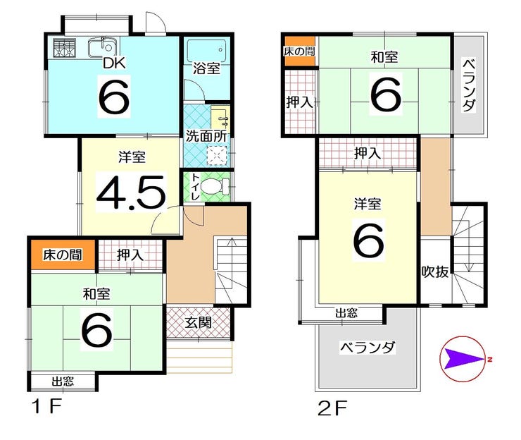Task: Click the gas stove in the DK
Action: pyautogui.click(x=64, y=48)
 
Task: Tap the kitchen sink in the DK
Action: pyautogui.click(x=103, y=47)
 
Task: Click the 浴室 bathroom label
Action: pyautogui.click(x=207, y=68)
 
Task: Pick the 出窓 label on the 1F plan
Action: pyautogui.click(x=63, y=382)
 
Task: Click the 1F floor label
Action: pyautogui.click(x=47, y=408)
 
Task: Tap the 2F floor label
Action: pyautogui.click(x=332, y=408)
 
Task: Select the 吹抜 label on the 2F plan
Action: pyautogui.click(x=435, y=272)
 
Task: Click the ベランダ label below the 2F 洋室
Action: pyautogui.click(x=367, y=348)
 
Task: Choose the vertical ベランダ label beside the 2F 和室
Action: pyautogui.click(x=469, y=86)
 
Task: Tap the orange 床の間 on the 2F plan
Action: pyautogui.click(x=299, y=52)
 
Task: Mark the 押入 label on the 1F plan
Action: pyautogui.click(x=130, y=255)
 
